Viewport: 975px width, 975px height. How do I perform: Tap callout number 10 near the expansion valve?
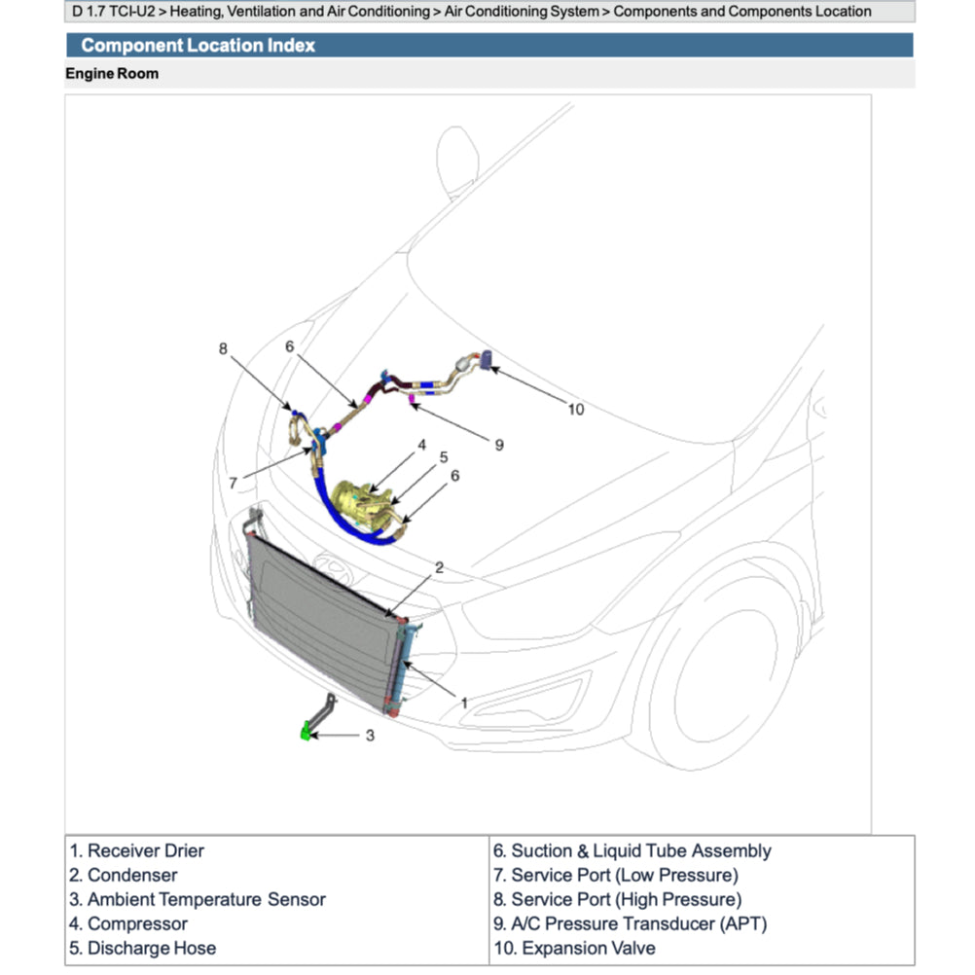pyautogui.click(x=576, y=410)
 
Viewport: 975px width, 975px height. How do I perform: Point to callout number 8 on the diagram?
pyautogui.click(x=223, y=348)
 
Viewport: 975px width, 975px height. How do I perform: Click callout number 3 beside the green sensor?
pyautogui.click(x=370, y=736)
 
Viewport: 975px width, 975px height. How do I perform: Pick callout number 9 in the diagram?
pyautogui.click(x=499, y=445)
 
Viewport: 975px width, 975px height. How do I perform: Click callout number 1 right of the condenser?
pyautogui.click(x=464, y=702)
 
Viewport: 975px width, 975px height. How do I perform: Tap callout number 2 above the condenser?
pyautogui.click(x=439, y=567)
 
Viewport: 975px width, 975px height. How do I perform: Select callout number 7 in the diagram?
pyautogui.click(x=234, y=483)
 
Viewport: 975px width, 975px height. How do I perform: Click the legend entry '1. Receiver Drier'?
pyautogui.click(x=136, y=851)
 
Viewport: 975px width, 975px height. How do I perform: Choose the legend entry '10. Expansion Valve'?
pyautogui.click(x=574, y=948)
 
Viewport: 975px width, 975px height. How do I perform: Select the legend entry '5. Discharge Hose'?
pyautogui.click(x=142, y=948)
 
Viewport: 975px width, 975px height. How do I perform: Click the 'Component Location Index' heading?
pyautogui.click(x=198, y=46)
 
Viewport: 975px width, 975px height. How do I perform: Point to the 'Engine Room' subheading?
pyautogui.click(x=112, y=73)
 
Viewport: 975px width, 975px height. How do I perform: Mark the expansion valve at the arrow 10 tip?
pyautogui.click(x=487, y=361)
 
